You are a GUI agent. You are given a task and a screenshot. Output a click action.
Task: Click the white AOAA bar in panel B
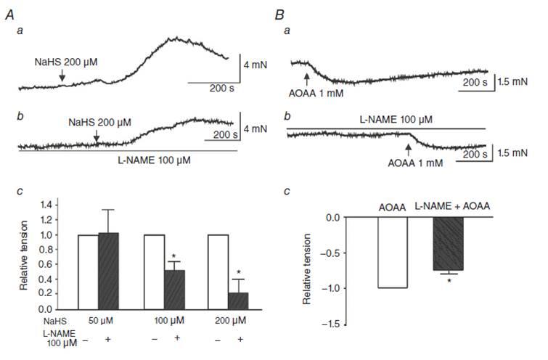393,253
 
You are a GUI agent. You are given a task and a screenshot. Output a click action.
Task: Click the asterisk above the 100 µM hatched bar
174,257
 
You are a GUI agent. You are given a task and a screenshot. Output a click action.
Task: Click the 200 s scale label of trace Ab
216,134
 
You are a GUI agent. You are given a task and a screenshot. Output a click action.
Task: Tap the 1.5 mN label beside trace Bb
513,155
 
